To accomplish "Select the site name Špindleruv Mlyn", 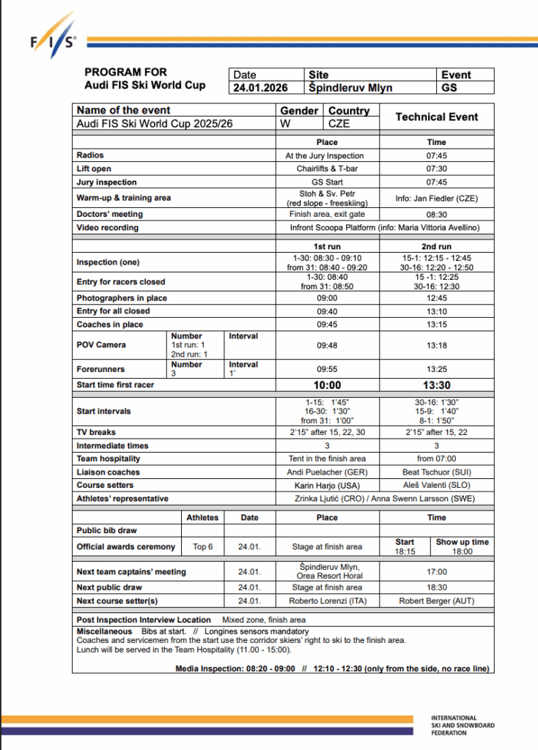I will click(351, 88).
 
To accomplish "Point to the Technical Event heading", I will click(436, 116).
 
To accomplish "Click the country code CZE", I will click(339, 124).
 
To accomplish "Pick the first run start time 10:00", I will click(327, 385).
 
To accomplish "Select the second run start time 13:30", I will click(436, 385).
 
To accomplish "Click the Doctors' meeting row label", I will click(109, 215).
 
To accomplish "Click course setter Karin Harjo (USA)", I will click(327, 486).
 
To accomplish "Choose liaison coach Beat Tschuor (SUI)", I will click(436, 472).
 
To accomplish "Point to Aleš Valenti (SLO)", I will click(436, 486).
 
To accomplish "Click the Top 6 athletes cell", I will click(202, 546).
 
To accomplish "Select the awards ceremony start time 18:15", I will click(405, 552).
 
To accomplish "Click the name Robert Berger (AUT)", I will click(436, 601).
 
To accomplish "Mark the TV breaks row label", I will click(96, 432).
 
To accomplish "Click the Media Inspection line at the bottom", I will click(333, 668).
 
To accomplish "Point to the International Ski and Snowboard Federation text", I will click(463, 725).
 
